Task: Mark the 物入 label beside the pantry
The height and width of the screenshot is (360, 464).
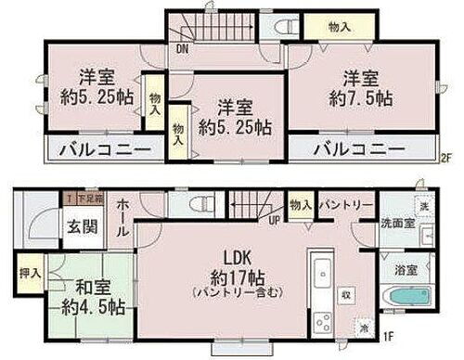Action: (x=299, y=203)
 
